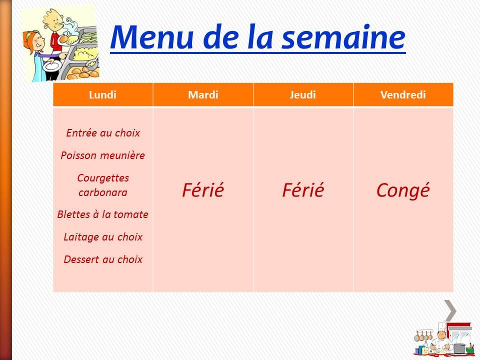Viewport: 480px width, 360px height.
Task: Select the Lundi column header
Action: coord(102,95)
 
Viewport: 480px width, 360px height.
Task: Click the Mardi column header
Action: coord(203,95)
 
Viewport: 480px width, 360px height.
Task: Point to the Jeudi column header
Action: coord(303,95)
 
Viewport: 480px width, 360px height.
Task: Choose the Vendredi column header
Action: coord(403,95)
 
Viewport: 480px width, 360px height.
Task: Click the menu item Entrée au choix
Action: coord(103,133)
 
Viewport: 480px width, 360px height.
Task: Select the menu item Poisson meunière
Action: coord(103,155)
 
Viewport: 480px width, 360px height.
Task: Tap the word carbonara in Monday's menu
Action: coord(103,192)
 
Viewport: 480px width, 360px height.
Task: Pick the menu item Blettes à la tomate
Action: coord(103,214)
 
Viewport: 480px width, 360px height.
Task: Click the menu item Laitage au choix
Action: coord(103,237)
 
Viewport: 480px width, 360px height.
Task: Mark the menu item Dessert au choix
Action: coord(103,259)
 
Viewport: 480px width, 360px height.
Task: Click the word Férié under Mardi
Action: coord(203,190)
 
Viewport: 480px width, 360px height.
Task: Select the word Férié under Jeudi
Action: coord(303,190)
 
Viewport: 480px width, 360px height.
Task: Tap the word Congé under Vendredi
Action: coord(403,190)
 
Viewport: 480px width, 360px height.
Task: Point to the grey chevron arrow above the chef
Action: coord(450,310)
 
